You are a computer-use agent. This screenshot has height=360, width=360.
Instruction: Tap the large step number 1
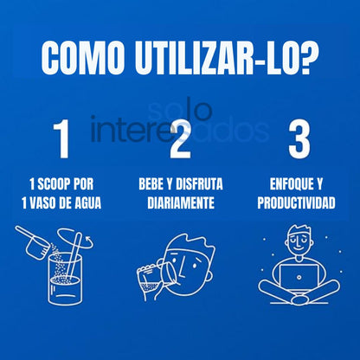tap(61, 139)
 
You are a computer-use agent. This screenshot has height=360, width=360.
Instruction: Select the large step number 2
tap(180, 139)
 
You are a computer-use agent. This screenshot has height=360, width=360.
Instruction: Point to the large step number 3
tap(298, 139)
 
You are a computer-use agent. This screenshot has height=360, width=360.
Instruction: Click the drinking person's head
tap(186, 251)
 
